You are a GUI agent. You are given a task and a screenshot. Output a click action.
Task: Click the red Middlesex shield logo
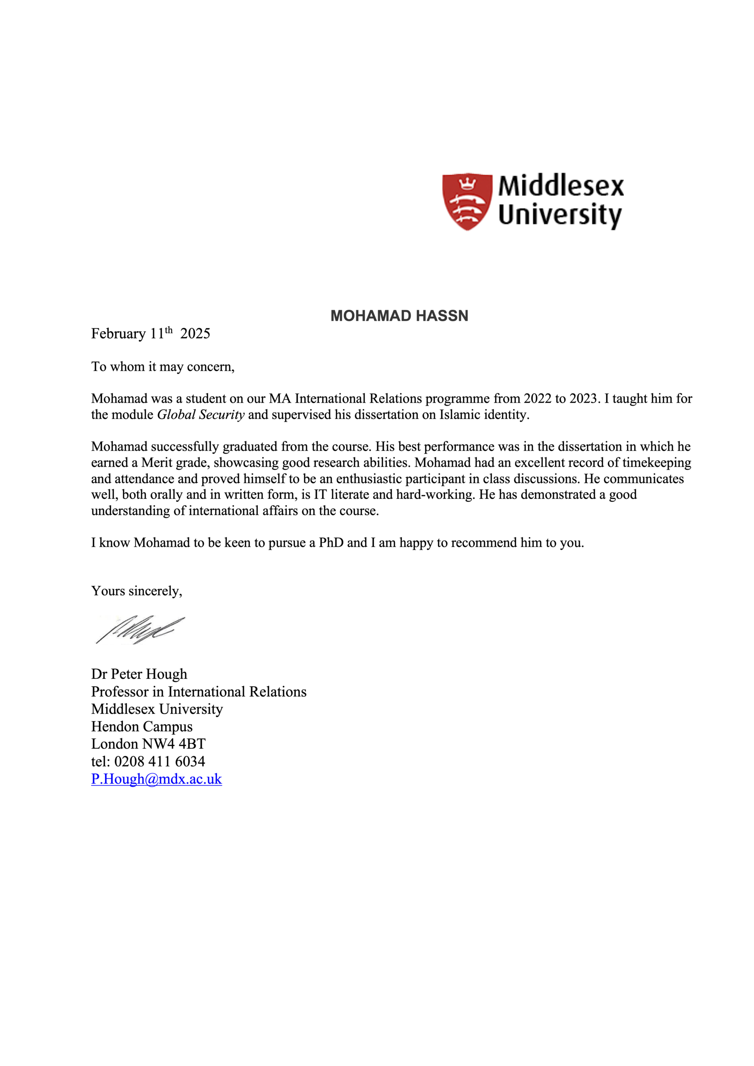[x=467, y=202]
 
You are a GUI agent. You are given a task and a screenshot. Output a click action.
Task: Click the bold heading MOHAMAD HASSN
[x=399, y=316]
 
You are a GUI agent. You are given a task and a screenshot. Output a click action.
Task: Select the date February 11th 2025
[x=150, y=334]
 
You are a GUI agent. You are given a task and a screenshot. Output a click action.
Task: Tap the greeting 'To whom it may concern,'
[x=163, y=367]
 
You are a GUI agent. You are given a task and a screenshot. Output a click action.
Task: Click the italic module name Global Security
[x=201, y=415]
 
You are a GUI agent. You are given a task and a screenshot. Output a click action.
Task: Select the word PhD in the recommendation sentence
[x=331, y=543]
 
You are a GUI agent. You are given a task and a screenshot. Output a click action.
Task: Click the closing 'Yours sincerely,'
[x=137, y=591]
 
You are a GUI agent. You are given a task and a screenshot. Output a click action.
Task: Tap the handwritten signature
[x=139, y=630]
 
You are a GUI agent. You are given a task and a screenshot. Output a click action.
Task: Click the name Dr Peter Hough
[x=139, y=674]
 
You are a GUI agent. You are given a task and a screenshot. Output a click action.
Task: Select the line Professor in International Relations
[x=199, y=692]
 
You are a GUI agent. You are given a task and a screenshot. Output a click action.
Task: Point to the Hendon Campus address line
[x=142, y=727]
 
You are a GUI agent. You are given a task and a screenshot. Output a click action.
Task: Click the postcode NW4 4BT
[x=174, y=744]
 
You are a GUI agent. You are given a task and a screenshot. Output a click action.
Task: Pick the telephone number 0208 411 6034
[x=159, y=762]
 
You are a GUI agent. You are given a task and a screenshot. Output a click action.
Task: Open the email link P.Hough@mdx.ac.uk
[x=157, y=779]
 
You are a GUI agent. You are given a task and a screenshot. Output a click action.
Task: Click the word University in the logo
[x=560, y=215]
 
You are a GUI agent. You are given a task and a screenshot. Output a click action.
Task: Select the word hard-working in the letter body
[x=435, y=494]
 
